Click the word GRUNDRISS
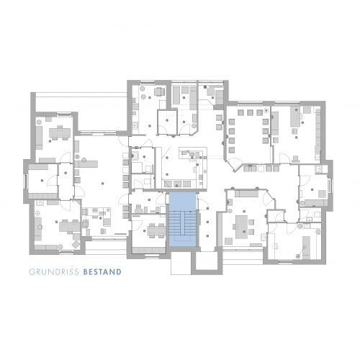pos(54,272)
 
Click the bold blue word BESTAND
pos(102,272)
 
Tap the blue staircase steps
pos(183,223)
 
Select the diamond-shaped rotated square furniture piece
pos(76,244)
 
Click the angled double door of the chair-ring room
pos(235,166)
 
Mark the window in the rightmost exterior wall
pos(330,185)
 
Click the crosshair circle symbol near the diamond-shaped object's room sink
pos(37,213)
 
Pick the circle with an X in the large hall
pos(77,156)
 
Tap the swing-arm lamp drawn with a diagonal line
pos(302,251)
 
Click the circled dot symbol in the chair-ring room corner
pos(266,110)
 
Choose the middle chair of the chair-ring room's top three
pos(251,112)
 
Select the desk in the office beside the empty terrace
pos(60,132)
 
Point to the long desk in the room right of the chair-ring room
pos(295,117)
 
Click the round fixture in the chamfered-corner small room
pos(194,125)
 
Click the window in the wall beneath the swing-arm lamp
pos(286,261)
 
